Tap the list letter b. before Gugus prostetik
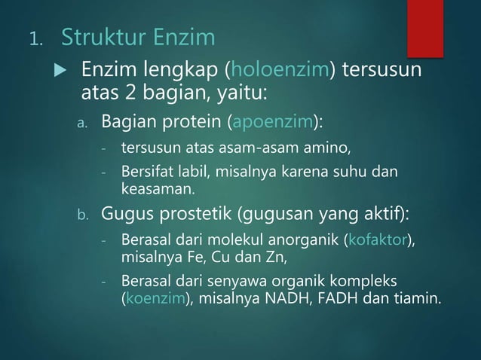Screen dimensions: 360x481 pos(85,217)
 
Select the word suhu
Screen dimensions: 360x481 pos(350,171)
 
